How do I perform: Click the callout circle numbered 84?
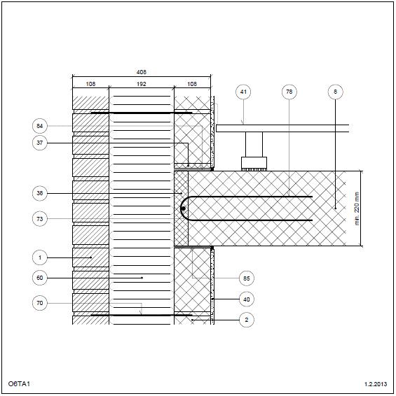(40, 126)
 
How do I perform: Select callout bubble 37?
(40, 143)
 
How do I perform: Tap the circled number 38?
(40, 193)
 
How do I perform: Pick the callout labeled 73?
(40, 219)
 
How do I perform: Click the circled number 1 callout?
(40, 257)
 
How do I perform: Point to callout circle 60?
(40, 278)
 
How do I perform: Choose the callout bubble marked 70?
(40, 303)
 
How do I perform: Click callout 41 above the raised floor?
(243, 92)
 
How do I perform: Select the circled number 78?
(289, 92)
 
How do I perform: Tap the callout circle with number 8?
(335, 92)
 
